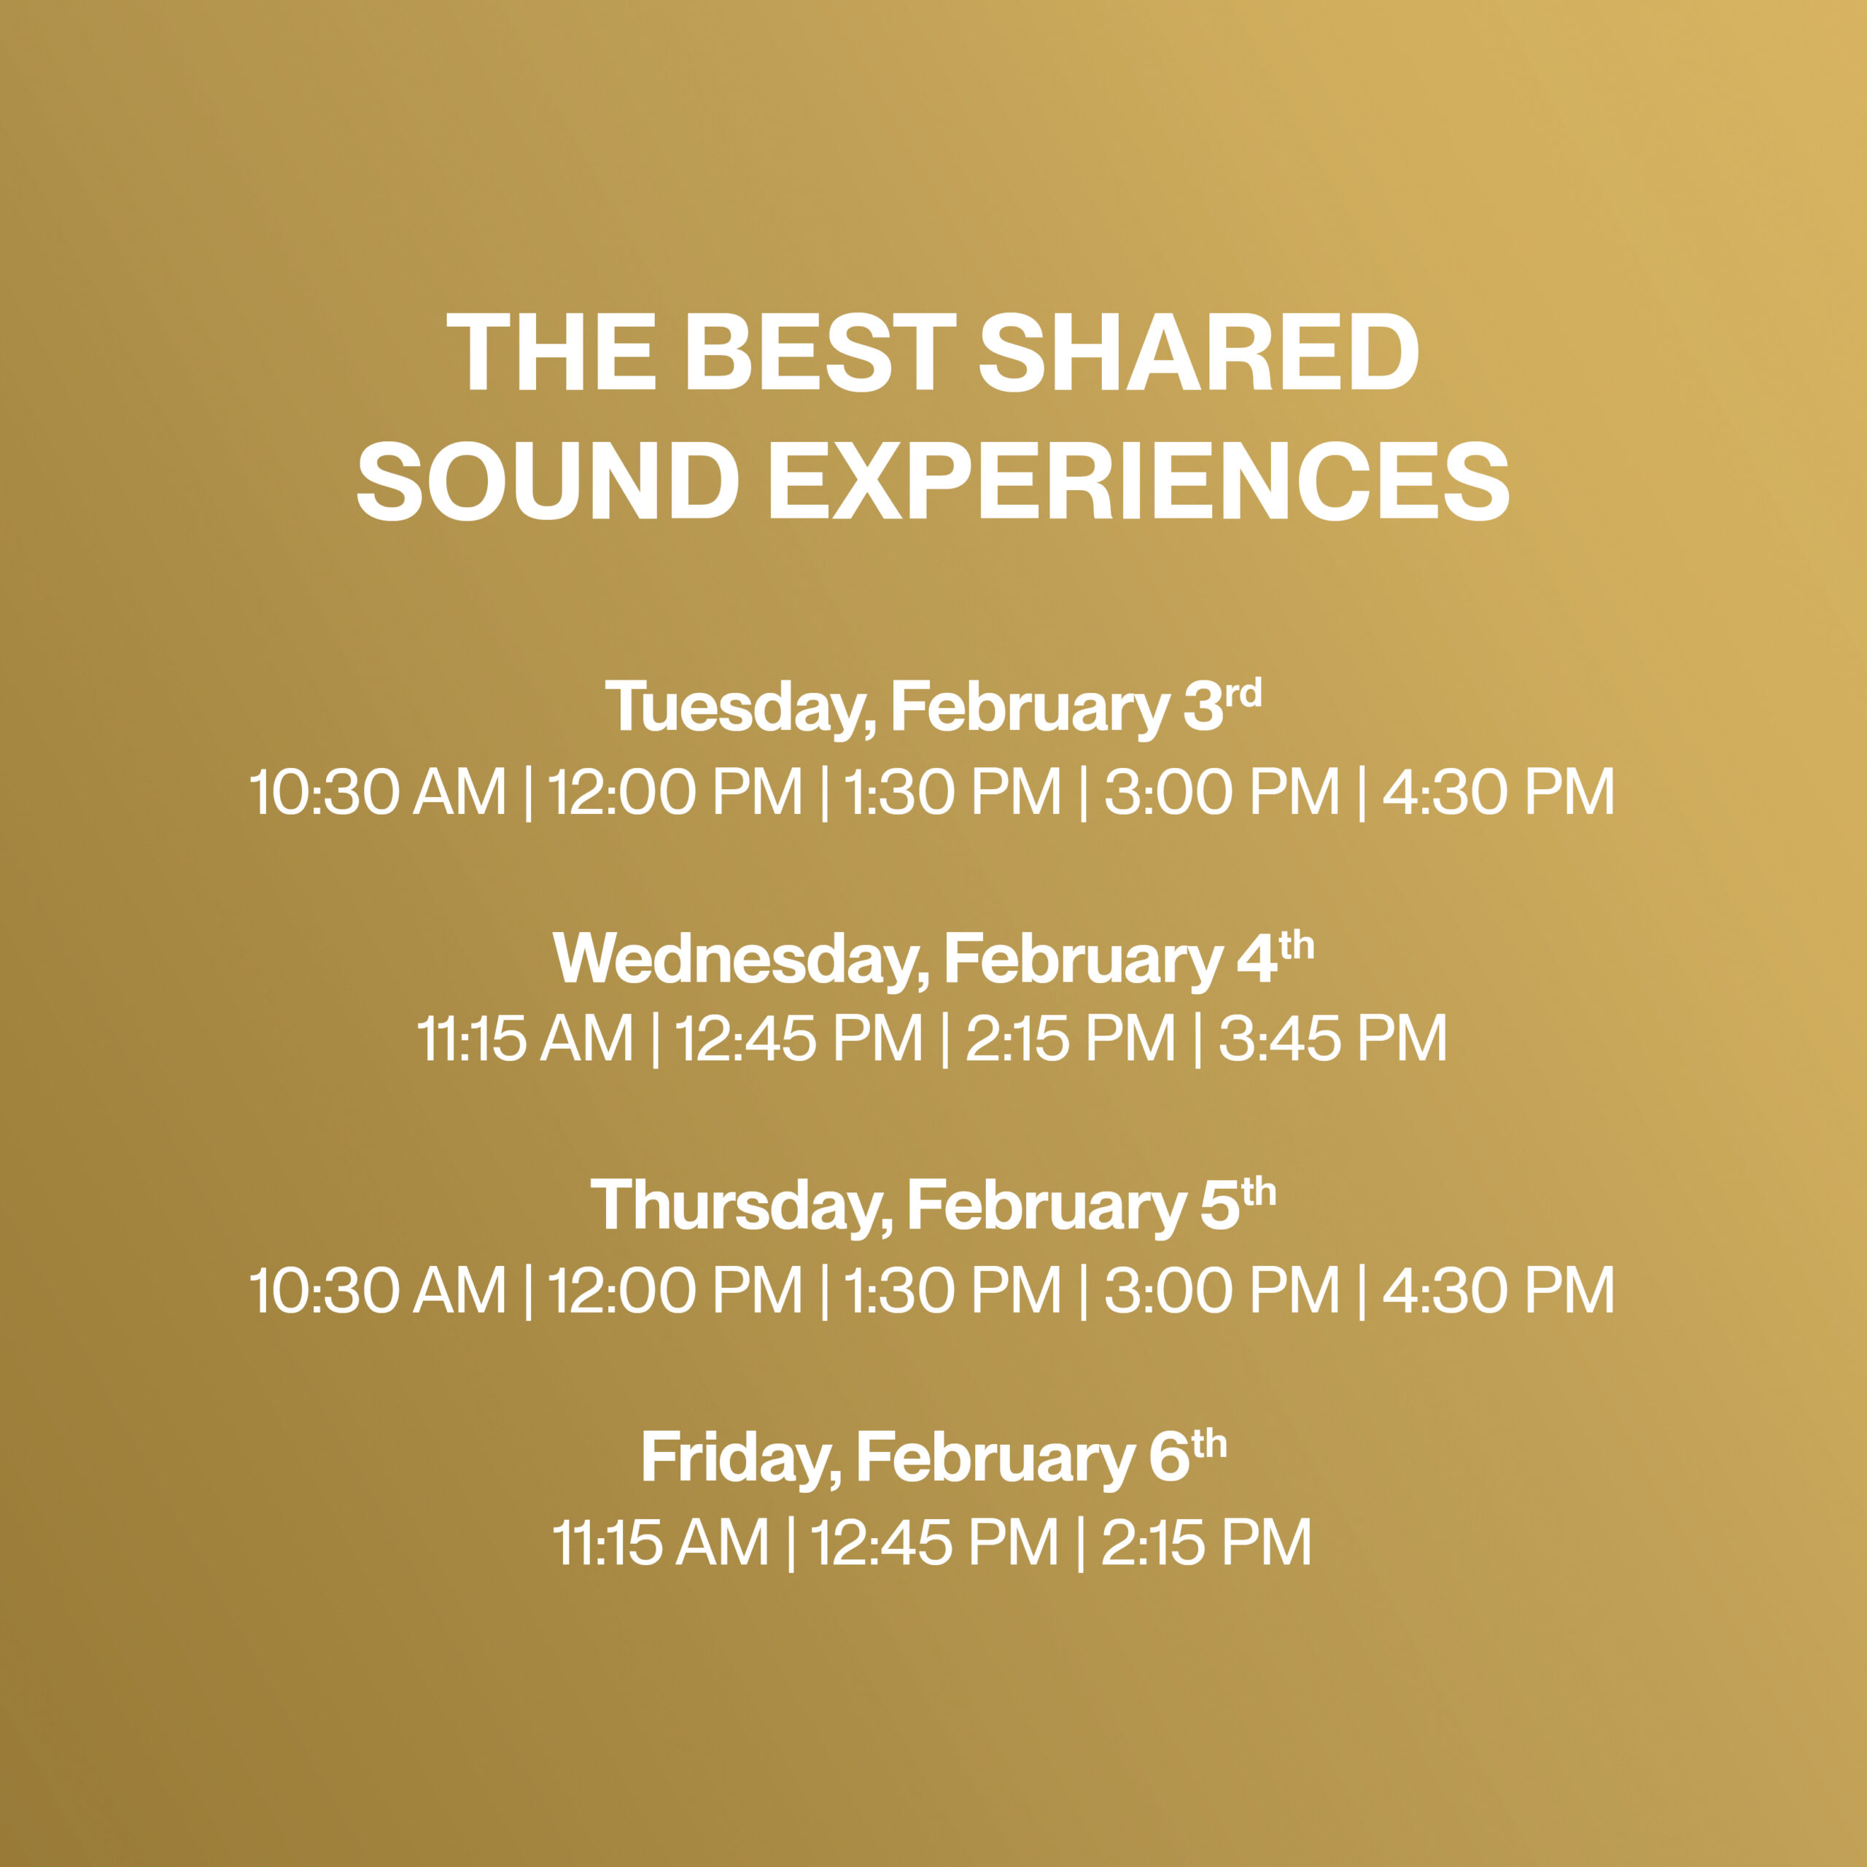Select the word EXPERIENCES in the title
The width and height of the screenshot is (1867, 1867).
[1138, 481]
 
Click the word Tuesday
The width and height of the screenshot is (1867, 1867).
[740, 708]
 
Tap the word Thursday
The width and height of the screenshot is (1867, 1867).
[740, 1206]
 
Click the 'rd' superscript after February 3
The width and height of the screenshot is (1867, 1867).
[1243, 694]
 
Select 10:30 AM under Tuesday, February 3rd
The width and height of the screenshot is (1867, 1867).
[378, 793]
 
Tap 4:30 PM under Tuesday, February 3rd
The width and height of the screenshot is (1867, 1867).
[1499, 793]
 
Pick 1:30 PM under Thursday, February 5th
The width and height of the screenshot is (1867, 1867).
[953, 1290]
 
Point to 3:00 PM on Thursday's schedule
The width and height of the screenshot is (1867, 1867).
[1222, 1290]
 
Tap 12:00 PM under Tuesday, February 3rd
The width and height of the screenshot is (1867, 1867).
[675, 793]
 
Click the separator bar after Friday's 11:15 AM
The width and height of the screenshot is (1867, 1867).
[791, 1543]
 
